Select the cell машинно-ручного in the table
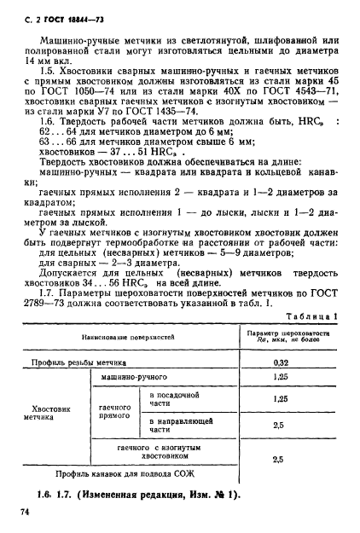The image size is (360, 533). pos(133,376)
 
